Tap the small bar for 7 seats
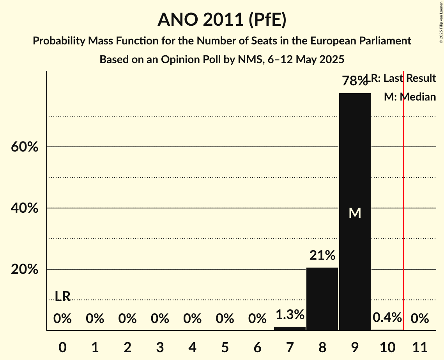[290, 328]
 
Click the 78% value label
[354, 81]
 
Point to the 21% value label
[322, 256]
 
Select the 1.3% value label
[290, 314]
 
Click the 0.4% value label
[387, 318]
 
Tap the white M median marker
[355, 213]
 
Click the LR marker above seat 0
[62, 296]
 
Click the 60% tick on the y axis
[24, 147]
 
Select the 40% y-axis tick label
[24, 208]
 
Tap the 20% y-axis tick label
[24, 270]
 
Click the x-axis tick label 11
[419, 346]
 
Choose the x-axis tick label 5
[225, 346]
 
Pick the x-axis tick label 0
[62, 346]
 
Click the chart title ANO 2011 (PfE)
[222, 20]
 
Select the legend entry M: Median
[410, 97]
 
